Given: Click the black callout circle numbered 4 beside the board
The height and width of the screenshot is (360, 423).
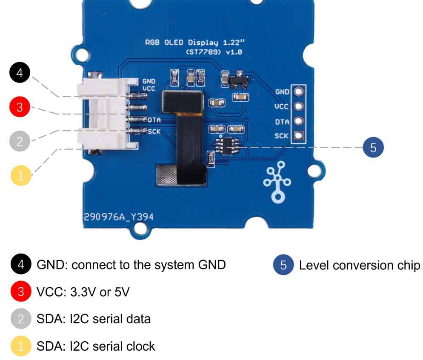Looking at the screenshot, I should click(x=20, y=73).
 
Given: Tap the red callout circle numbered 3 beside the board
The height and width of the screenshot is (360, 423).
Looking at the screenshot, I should click(x=20, y=107).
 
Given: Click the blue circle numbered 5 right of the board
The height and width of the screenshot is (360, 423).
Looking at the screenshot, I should click(x=373, y=148).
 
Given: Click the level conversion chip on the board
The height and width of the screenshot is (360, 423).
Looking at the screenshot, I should click(x=226, y=145).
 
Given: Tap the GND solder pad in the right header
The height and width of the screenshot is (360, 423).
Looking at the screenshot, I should click(x=299, y=91).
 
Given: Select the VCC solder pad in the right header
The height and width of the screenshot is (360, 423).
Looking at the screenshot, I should click(x=299, y=106).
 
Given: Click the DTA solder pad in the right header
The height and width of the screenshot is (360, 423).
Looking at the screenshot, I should click(x=299, y=121).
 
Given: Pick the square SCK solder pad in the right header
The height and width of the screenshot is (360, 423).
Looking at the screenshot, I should click(x=299, y=136).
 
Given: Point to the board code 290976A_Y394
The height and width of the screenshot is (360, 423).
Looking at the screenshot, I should click(x=119, y=217).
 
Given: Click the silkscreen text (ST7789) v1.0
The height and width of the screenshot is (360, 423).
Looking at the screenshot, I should click(x=214, y=52).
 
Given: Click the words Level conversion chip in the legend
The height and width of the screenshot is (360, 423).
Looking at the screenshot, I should click(x=359, y=265).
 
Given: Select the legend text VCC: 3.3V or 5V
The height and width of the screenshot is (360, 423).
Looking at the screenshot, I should click(x=83, y=292).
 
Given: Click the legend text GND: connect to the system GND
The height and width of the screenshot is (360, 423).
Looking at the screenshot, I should click(x=131, y=265).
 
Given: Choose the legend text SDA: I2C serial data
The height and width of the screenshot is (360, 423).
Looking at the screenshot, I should click(x=94, y=319).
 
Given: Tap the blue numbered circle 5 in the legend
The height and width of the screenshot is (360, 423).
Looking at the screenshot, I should click(x=283, y=265).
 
